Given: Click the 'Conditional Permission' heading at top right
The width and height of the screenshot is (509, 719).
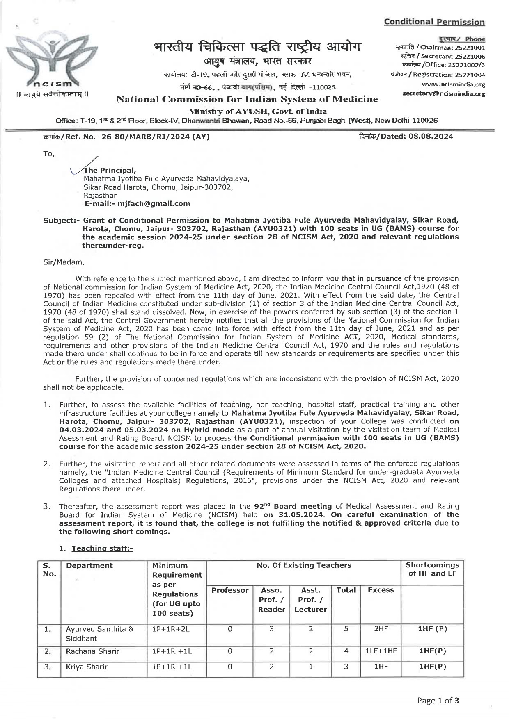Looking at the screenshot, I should pos(434,22).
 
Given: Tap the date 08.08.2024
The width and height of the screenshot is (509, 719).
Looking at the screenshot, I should pos(431,137).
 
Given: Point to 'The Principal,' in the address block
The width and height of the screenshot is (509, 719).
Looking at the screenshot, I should pos(110,170).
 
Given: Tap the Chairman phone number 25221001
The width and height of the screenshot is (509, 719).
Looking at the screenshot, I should pos(470,48).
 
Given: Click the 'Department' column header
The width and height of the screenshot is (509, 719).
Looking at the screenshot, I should pos(89,565).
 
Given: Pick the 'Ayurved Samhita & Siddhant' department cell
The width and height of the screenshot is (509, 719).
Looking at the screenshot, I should pos(100,633).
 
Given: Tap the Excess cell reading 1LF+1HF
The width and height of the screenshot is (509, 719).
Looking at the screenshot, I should pos(381,651).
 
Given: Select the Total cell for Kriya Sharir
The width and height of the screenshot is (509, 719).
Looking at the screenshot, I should pos(346,667).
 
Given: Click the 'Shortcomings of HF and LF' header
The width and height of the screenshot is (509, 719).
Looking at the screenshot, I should pos(432,569).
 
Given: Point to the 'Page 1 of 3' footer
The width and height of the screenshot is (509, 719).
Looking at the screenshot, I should pos(438,700).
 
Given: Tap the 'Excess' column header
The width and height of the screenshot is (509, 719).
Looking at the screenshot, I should pos(381,590).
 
